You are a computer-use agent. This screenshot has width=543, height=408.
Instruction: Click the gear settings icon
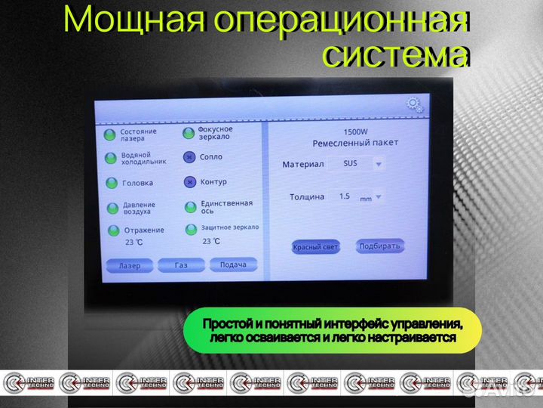click(x=414, y=105)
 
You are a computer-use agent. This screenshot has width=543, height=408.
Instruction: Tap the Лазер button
click(x=130, y=266)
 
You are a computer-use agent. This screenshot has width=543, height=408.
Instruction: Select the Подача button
click(x=233, y=264)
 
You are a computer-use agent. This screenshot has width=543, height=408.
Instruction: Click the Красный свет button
click(x=315, y=247)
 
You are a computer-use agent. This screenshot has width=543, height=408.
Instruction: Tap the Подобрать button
click(x=381, y=246)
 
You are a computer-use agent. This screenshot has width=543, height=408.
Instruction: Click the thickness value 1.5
click(x=345, y=196)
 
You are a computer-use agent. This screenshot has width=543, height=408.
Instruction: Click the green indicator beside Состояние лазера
click(x=109, y=135)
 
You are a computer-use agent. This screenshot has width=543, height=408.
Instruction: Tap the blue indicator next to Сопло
click(x=189, y=158)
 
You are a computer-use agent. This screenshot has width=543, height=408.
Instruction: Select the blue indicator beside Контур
click(x=189, y=182)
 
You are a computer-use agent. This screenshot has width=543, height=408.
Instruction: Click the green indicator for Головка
click(x=111, y=183)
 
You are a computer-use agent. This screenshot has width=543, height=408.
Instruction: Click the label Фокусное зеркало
click(x=215, y=133)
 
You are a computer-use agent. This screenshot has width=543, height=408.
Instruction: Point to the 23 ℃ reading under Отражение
click(x=134, y=243)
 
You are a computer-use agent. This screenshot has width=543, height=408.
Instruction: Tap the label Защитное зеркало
click(x=229, y=227)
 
